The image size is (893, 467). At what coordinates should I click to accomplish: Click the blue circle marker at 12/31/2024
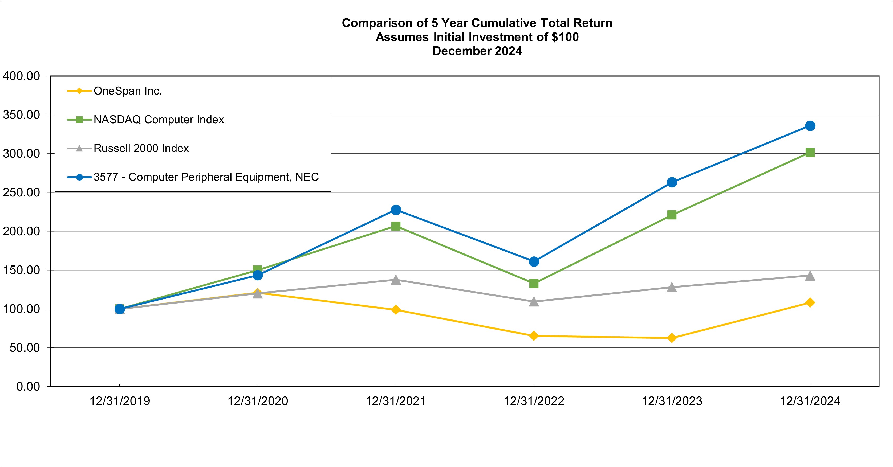[810, 126]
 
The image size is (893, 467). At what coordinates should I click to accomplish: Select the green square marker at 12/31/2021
[396, 226]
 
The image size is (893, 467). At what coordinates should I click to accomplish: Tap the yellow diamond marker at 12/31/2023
[672, 338]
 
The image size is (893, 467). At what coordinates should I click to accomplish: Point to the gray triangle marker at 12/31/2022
[534, 302]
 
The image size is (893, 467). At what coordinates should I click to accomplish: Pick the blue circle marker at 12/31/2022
[534, 261]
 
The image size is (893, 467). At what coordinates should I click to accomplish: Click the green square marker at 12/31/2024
[810, 153]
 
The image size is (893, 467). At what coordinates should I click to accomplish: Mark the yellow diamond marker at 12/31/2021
[396, 309]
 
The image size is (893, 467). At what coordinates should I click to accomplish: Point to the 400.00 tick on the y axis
[22, 76]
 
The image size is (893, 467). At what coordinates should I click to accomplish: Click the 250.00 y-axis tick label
[22, 192]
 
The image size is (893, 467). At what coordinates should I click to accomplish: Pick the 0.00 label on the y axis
[28, 386]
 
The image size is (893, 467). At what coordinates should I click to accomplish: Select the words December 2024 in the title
[477, 51]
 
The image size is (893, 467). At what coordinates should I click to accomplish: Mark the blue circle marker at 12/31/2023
[672, 182]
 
